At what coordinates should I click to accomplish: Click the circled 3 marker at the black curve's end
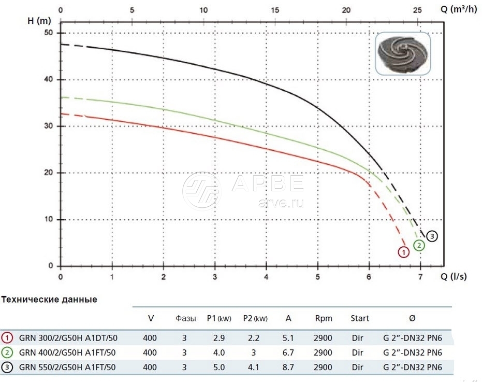(x=432, y=236)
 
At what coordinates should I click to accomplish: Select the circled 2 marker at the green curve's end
(x=419, y=245)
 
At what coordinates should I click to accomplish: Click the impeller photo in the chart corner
(x=403, y=53)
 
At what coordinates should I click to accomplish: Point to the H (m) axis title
(x=39, y=21)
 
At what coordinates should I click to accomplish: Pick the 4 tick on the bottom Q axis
(x=266, y=277)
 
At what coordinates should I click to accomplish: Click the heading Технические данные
(x=49, y=300)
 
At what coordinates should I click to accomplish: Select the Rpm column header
(x=323, y=318)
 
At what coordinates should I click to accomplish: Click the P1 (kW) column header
(x=218, y=318)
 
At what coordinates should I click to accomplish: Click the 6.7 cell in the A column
(x=288, y=353)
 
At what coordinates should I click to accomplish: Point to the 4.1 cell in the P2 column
(x=254, y=367)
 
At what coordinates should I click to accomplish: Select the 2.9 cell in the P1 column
(x=218, y=338)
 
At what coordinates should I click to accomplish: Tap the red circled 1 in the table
(x=8, y=338)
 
